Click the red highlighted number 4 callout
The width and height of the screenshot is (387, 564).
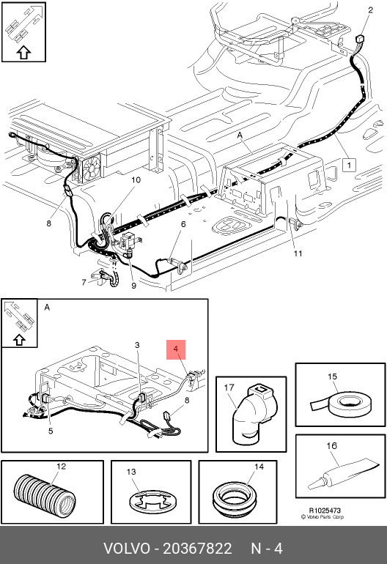(x=176, y=349)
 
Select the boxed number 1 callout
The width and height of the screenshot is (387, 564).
(x=348, y=165)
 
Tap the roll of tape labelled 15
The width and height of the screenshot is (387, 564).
(x=347, y=404)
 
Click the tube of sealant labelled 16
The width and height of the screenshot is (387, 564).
(x=342, y=472)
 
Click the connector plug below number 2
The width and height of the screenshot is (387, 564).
(x=360, y=39)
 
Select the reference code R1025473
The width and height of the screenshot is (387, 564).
(x=325, y=510)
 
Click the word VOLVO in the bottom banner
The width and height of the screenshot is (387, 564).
(x=126, y=549)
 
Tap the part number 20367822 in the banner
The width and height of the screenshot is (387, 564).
(x=197, y=549)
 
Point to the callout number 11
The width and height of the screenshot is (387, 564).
(x=298, y=253)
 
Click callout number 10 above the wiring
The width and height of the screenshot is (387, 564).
(x=136, y=179)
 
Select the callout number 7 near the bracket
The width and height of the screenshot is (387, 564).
(x=84, y=282)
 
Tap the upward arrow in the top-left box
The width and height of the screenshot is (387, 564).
(x=23, y=53)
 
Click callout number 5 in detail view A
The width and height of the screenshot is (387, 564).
(x=51, y=431)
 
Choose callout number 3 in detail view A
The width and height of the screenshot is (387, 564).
(x=137, y=345)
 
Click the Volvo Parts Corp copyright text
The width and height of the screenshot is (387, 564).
(x=322, y=517)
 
